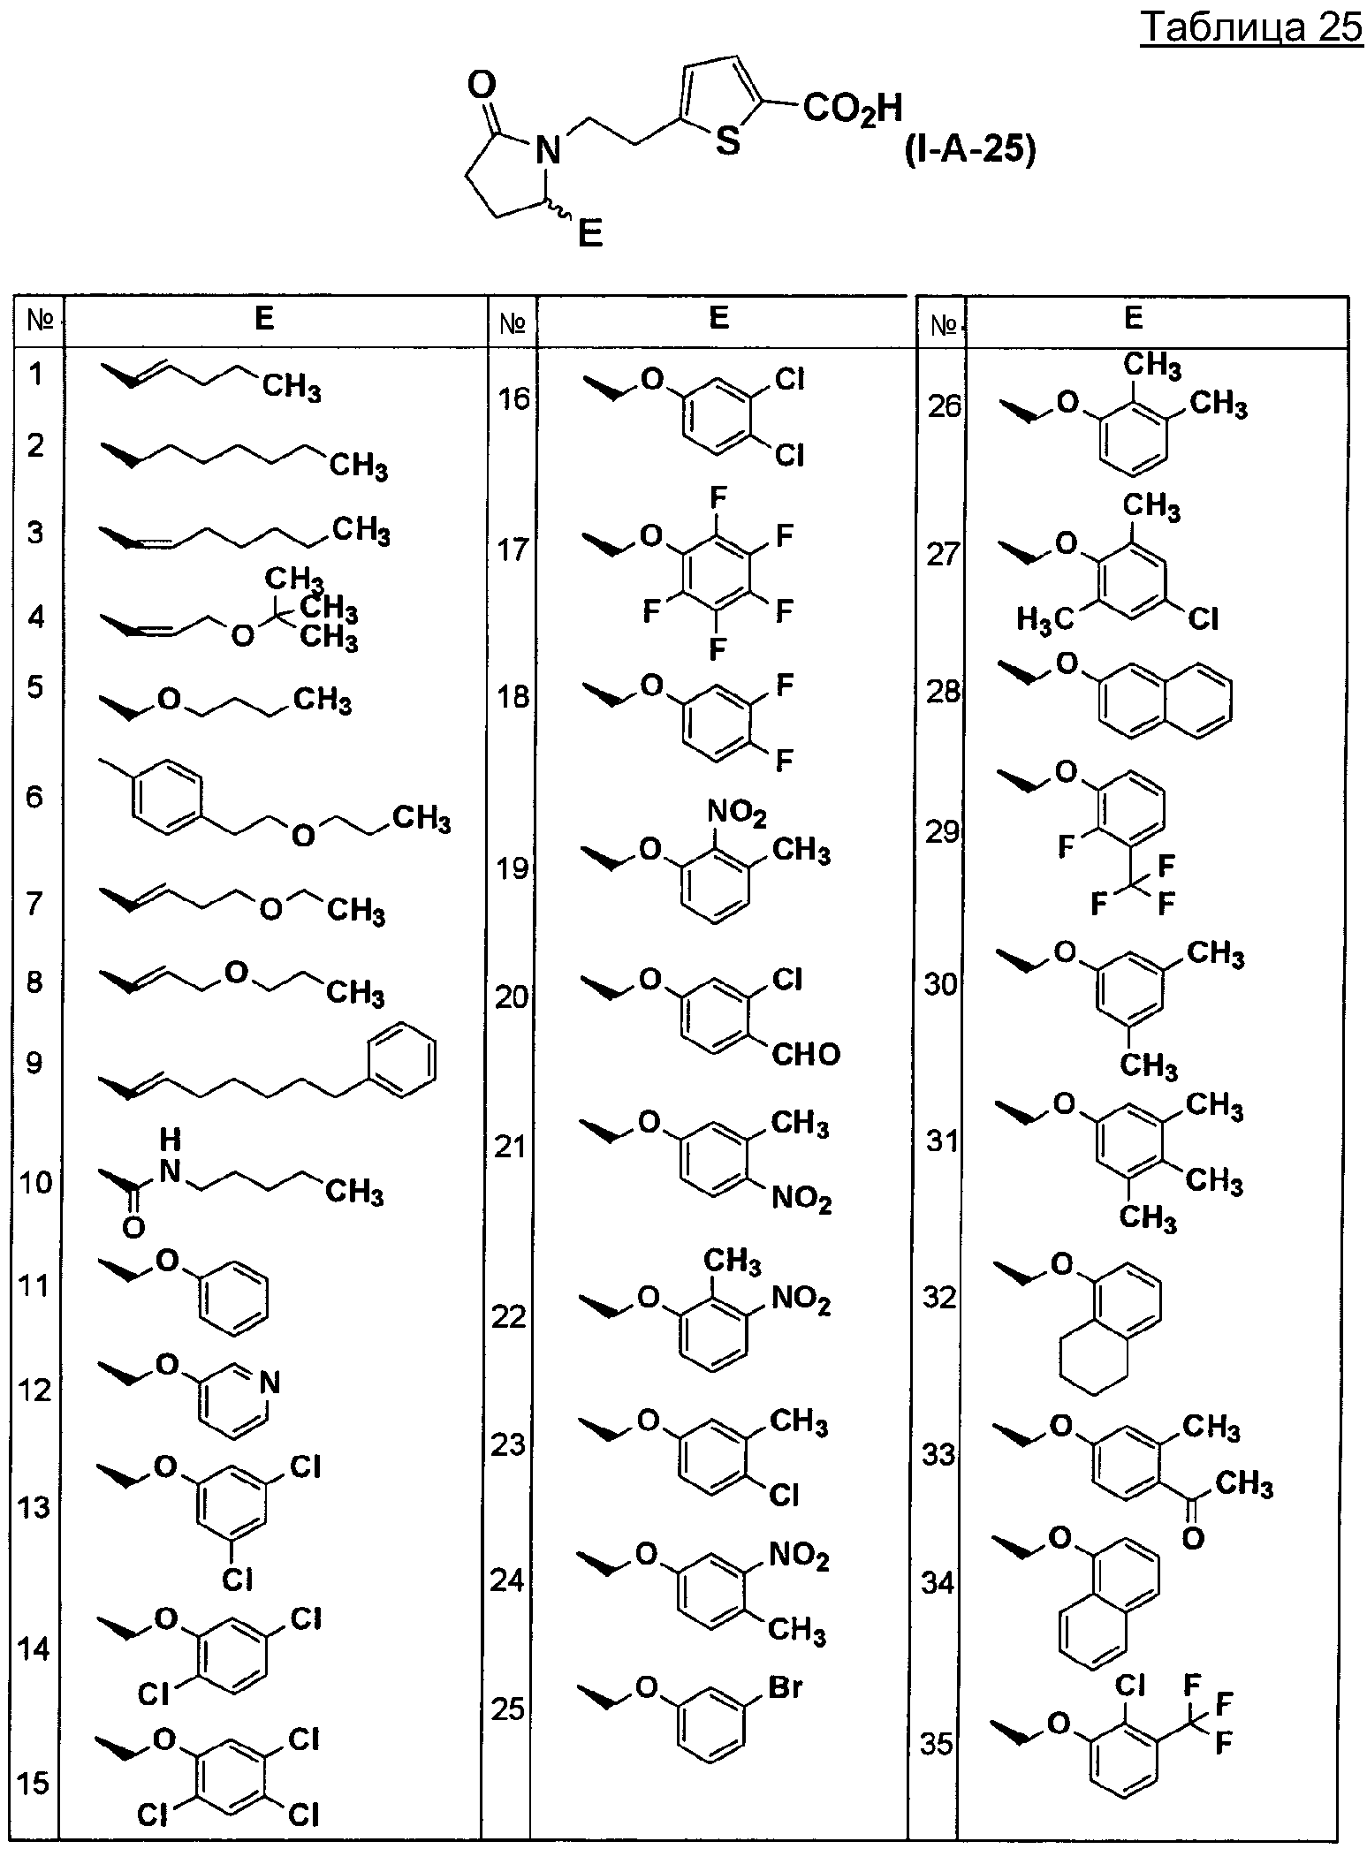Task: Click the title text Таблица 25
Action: pyautogui.click(x=1252, y=28)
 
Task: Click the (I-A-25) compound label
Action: pyautogui.click(x=968, y=150)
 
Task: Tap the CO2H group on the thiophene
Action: pyautogui.click(x=854, y=110)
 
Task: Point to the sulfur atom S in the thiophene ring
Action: pyautogui.click(x=727, y=141)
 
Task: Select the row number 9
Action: pyautogui.click(x=34, y=1062)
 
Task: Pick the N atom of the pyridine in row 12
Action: pyautogui.click(x=270, y=1383)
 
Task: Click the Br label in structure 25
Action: pyautogui.click(x=786, y=1687)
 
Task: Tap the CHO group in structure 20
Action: pyautogui.click(x=806, y=1053)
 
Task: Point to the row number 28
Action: pyautogui.click(x=944, y=691)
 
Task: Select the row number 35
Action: pyautogui.click(x=938, y=1744)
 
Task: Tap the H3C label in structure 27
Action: pyautogui.click(x=1044, y=620)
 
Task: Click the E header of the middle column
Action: pyautogui.click(x=719, y=318)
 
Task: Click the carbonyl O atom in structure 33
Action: pyautogui.click(x=1193, y=1538)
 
